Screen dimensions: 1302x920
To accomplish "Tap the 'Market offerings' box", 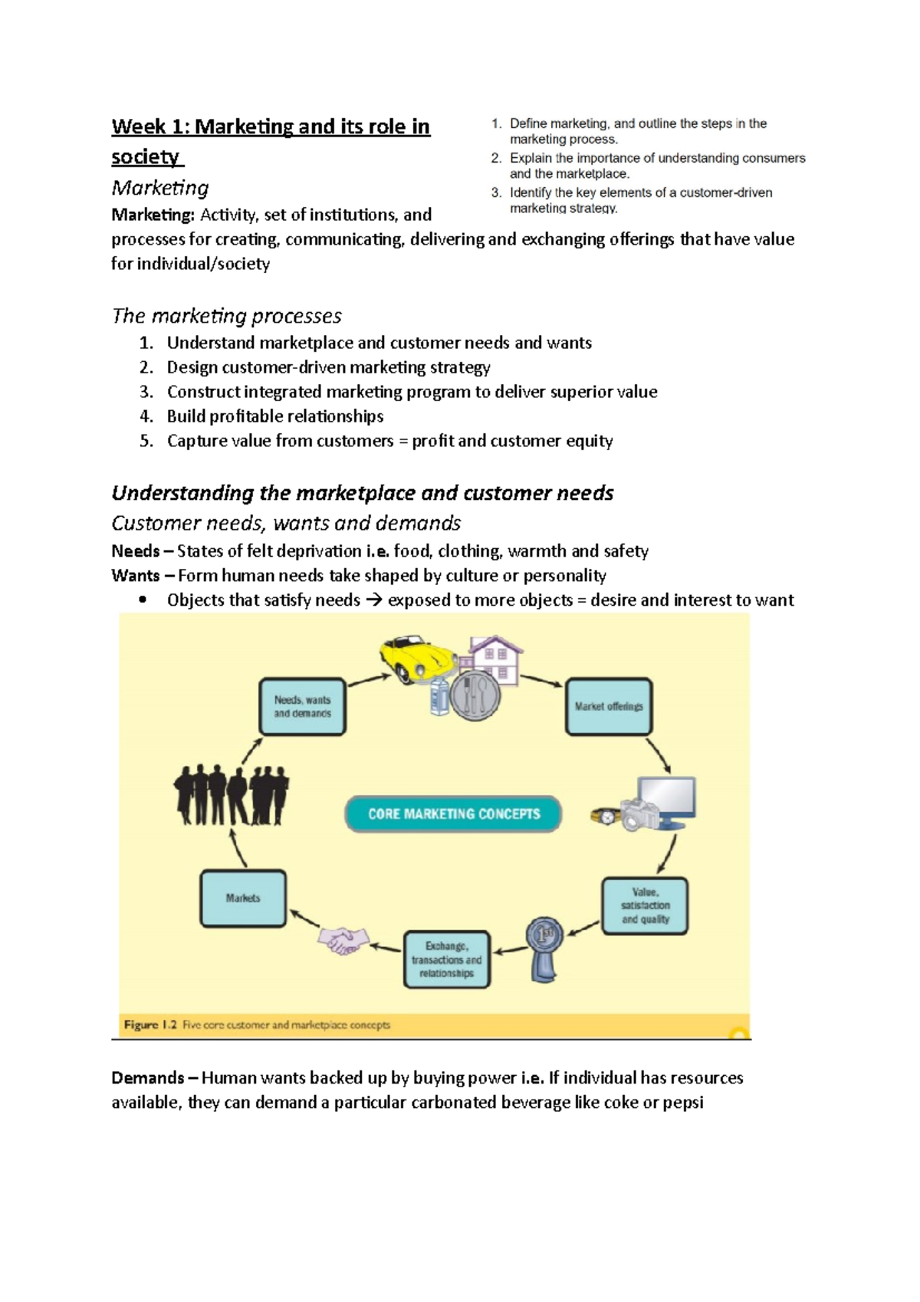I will [x=609, y=707].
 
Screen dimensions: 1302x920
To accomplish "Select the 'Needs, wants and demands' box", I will [x=302, y=707].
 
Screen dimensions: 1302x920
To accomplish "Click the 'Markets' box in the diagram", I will [x=243, y=899].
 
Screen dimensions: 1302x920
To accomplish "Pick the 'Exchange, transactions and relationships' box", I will [x=446, y=959].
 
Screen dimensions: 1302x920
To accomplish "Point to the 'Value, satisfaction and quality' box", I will [x=645, y=906].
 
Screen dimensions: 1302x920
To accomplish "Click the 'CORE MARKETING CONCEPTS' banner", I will [x=453, y=814].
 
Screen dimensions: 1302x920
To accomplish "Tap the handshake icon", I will [x=343, y=939].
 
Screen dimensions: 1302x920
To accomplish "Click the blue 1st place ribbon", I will [x=544, y=948].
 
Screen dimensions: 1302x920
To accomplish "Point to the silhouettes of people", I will [x=231, y=795].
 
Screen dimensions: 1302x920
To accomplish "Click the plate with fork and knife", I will [x=475, y=696].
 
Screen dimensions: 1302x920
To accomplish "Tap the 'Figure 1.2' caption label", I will [x=151, y=1025].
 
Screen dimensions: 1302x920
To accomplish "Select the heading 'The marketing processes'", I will [x=226, y=316].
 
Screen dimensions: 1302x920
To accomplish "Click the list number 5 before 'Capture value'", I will [x=146, y=441].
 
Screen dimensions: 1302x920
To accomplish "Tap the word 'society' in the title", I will [x=145, y=157].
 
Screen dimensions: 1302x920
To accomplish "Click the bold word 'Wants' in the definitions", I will [x=136, y=576].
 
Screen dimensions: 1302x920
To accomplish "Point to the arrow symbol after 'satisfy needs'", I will [x=373, y=600].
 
